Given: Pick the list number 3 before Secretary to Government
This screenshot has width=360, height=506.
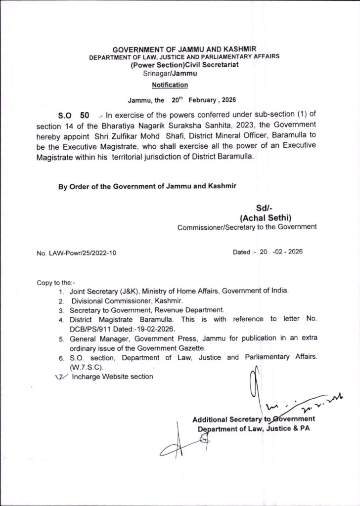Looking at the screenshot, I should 61,310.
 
